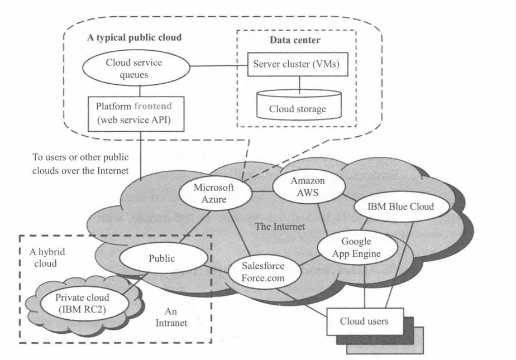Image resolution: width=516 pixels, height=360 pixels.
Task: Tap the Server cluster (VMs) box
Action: click(299, 63)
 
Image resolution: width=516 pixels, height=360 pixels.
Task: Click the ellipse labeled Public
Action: click(162, 259)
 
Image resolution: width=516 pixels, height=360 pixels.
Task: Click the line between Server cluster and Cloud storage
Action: click(299, 81)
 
